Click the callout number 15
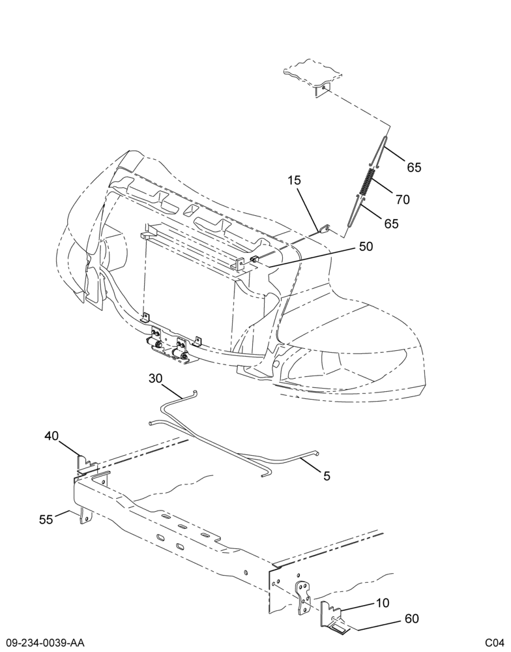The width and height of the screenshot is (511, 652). [x=294, y=181]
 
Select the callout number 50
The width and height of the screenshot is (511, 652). [x=366, y=246]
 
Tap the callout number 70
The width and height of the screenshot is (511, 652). [x=403, y=200]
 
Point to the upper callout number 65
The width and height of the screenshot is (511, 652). [x=414, y=167]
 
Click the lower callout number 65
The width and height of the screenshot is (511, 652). [x=391, y=224]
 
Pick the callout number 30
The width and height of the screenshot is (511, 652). [x=156, y=378]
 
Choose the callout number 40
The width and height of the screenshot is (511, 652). [x=52, y=436]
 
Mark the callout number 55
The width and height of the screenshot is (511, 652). [x=46, y=520]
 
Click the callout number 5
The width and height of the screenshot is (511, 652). [x=327, y=476]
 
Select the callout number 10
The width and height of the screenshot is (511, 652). [x=383, y=602]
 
